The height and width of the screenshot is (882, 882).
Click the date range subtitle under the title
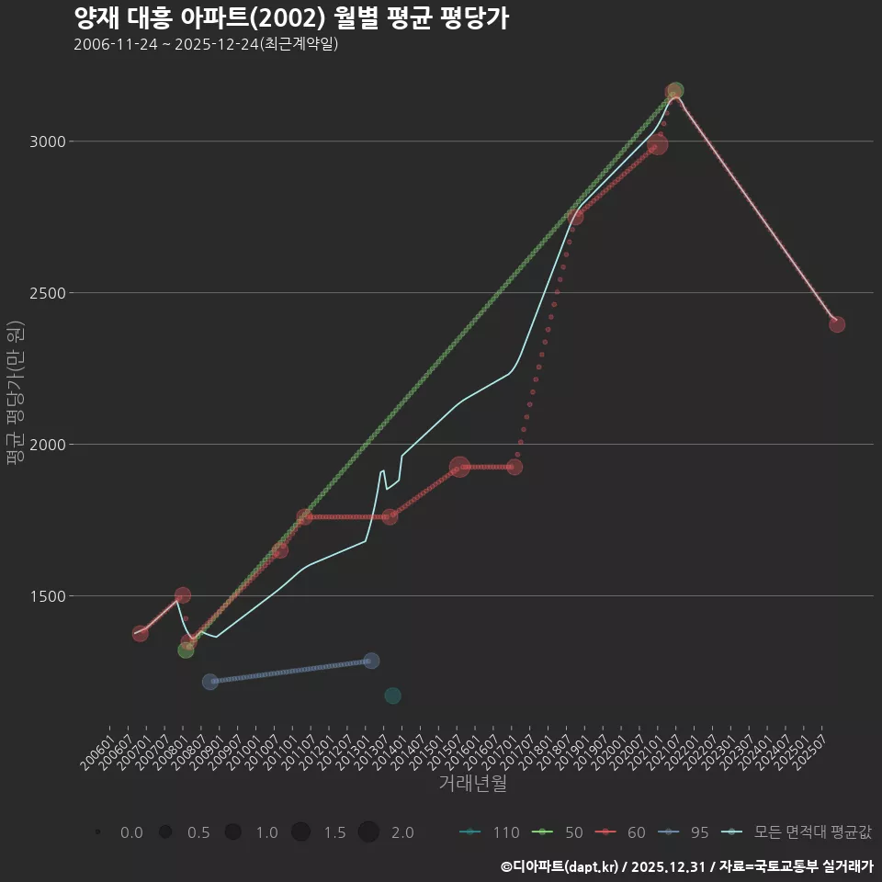coord(206,44)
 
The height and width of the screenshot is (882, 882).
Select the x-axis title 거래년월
coord(472,784)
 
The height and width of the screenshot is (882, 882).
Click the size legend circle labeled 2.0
coord(368,832)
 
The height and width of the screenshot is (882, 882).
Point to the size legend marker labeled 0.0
coord(97,832)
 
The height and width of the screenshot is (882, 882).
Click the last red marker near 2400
coord(837,324)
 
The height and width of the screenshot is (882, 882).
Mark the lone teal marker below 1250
coord(392,695)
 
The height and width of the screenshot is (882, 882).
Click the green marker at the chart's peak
coord(676,90)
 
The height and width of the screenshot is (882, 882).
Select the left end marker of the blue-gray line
coord(209,682)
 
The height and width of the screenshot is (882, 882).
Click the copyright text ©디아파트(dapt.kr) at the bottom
coord(560,866)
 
